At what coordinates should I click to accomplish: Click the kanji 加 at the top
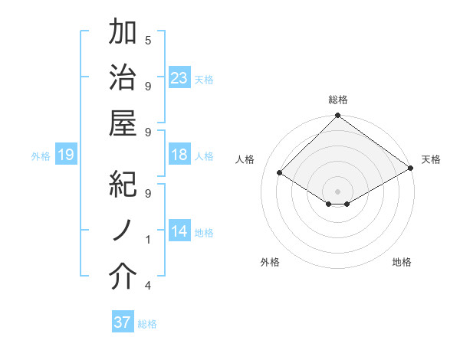pos(123,33)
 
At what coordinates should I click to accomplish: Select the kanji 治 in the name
pos(123,79)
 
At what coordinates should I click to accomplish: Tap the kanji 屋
pos(123,125)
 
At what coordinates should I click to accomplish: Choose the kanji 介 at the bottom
pos(123,277)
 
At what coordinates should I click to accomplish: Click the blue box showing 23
pos(179,79)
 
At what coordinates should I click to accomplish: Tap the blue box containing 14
pos(179,232)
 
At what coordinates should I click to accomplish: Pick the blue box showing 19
pos(66,155)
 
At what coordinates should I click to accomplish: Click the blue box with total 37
pos(123,322)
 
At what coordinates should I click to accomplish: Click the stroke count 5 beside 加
pos(148,40)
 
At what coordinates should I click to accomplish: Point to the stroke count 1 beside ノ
pos(148,240)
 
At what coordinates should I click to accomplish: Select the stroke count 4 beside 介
pos(148,286)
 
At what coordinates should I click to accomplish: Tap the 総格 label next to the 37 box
pos(147,324)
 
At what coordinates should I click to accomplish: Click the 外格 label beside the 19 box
pos(41,156)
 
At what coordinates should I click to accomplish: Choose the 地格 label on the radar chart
pos(402,262)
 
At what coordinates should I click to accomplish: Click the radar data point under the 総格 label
pos(337,116)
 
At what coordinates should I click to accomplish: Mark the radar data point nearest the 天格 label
pos(410,169)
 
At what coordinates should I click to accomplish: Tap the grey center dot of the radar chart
pos(337,190)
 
